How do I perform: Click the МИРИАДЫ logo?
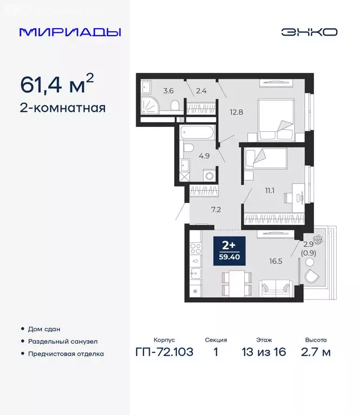(70, 32)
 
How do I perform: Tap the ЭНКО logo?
(309, 32)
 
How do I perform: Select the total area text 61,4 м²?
(57, 85)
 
